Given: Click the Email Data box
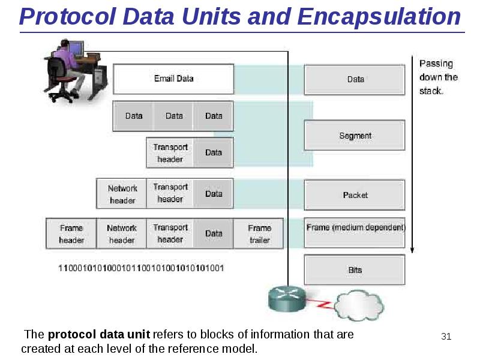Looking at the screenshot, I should [x=173, y=79].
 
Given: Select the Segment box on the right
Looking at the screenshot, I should [x=355, y=136].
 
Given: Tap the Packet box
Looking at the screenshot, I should [x=355, y=195].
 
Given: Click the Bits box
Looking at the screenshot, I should [x=355, y=270].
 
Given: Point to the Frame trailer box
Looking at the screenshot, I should [x=259, y=234].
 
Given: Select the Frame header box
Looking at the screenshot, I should [x=71, y=234].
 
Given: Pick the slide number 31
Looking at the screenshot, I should [x=446, y=336].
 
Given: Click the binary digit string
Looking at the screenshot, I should [x=141, y=268].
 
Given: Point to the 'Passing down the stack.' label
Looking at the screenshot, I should [x=438, y=77].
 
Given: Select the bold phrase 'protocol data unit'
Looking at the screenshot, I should [x=99, y=335].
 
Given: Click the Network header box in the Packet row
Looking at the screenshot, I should [x=122, y=194].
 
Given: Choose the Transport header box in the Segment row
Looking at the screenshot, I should [x=170, y=153].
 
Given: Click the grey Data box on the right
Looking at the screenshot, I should [x=355, y=79].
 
